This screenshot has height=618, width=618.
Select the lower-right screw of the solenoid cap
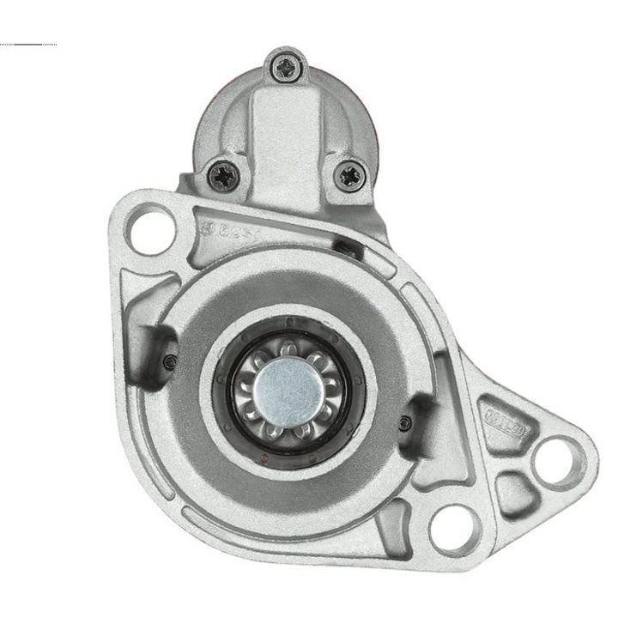350,176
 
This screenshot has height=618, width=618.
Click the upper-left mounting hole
152,227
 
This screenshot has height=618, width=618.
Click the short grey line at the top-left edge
30,44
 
